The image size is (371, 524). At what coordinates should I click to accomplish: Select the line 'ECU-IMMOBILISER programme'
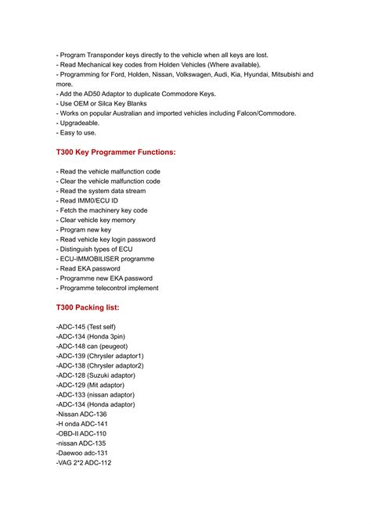click(106, 259)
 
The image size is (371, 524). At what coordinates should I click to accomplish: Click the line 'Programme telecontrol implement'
click(109, 288)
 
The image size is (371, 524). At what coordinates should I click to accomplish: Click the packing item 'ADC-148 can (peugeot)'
click(92, 346)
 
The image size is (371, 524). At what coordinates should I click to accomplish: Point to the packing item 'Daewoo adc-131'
click(82, 453)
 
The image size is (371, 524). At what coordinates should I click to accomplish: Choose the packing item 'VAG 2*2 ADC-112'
click(84, 463)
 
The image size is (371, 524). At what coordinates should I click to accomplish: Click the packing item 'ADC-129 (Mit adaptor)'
click(92, 385)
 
